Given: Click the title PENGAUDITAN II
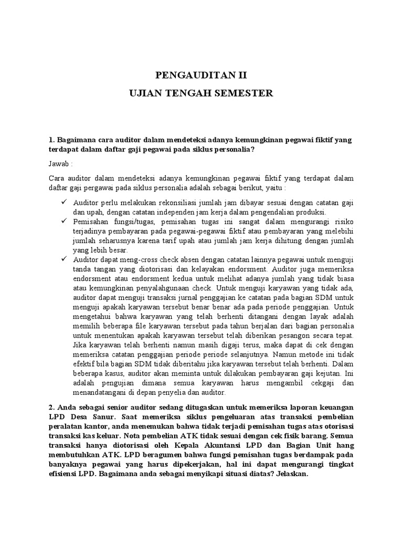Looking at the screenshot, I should click(x=201, y=74).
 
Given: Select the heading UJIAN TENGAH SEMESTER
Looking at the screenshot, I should click(x=201, y=93).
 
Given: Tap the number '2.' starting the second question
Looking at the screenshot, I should click(x=51, y=407).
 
